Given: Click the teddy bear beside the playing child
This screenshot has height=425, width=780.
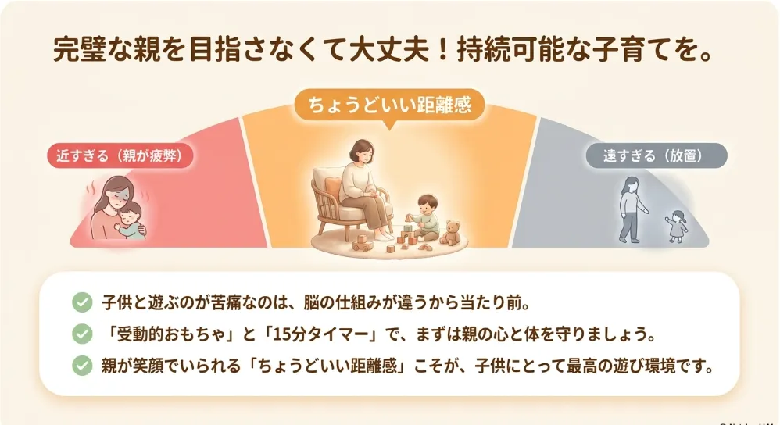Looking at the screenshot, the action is (x=451, y=233).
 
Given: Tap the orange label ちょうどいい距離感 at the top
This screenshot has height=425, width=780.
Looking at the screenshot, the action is (x=389, y=105).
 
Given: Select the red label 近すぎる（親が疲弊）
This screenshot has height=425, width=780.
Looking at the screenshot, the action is (x=120, y=155).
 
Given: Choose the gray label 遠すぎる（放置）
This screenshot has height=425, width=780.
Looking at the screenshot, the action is (x=657, y=155).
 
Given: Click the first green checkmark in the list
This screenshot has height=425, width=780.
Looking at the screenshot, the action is (x=82, y=302).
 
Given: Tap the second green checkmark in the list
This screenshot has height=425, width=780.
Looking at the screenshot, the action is (x=82, y=334).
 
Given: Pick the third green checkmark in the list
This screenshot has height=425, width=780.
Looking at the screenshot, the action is (x=82, y=366).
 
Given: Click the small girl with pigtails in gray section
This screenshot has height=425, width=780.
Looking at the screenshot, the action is (x=677, y=226).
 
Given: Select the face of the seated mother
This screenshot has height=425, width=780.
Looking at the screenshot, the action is (x=362, y=155).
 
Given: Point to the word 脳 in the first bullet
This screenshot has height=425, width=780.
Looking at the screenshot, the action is (x=313, y=302).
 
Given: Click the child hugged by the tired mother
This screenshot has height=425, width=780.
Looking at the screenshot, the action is (x=131, y=220).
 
